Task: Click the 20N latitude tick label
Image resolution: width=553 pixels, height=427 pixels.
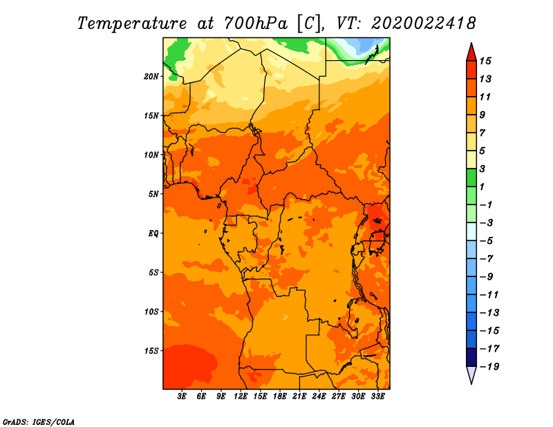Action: (151, 77)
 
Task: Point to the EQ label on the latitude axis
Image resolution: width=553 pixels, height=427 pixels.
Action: (153, 234)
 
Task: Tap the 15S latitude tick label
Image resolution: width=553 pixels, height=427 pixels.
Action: (151, 351)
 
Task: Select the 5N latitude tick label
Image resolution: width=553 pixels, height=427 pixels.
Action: (153, 194)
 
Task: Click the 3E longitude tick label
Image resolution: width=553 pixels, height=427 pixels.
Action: (182, 396)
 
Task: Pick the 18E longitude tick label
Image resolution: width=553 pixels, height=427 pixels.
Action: (280, 396)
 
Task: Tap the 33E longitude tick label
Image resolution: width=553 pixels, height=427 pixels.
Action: (377, 396)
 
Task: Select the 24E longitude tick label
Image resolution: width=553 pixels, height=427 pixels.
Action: (319, 396)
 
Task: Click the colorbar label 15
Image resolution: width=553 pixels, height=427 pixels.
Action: (485, 61)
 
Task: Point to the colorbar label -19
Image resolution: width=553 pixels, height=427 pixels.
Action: (489, 367)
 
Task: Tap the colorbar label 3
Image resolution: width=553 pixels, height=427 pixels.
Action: (482, 169)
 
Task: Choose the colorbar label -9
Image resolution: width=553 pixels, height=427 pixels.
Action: (487, 277)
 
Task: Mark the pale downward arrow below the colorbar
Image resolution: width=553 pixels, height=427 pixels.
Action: (471, 374)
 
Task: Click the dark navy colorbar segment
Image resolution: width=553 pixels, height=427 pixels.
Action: (471, 357)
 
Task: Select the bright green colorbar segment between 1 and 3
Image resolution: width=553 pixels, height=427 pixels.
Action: (471, 178)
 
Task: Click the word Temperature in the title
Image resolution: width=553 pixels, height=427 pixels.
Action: (132, 23)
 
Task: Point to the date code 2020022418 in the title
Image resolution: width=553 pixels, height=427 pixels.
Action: (424, 23)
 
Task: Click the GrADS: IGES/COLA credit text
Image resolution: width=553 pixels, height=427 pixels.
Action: (39, 422)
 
